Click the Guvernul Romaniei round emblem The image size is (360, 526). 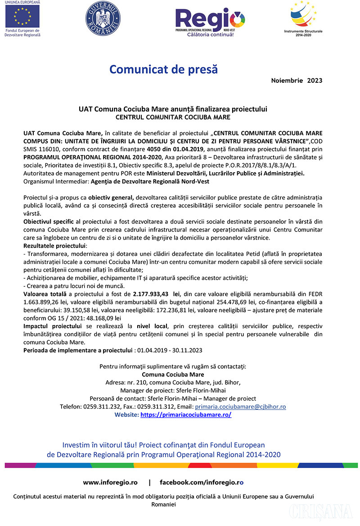point(100,19)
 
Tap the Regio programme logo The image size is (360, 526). point(210,22)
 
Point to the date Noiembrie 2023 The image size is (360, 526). point(297,81)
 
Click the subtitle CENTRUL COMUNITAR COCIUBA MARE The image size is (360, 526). point(173,117)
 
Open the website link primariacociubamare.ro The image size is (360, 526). point(186,415)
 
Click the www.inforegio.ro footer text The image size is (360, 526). point(110,482)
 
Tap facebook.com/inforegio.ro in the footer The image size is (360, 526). point(202,482)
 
